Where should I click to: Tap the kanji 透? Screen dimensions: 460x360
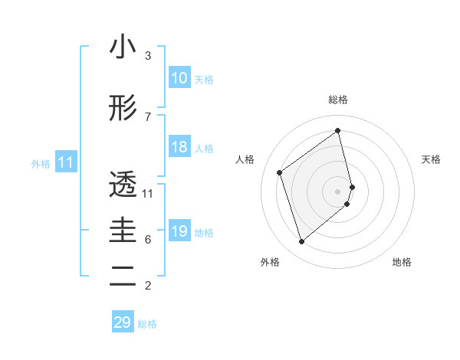[x=123, y=185]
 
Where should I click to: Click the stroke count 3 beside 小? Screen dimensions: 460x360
[x=148, y=56]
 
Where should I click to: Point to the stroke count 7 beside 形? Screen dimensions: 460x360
[x=148, y=116]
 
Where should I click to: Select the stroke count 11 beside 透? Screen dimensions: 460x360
[x=148, y=193]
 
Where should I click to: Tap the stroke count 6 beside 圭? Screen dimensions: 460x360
[x=148, y=240]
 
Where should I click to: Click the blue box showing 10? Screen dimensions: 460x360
[x=179, y=78]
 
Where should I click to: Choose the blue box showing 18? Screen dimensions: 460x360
[x=179, y=147]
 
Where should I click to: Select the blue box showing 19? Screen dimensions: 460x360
[x=179, y=231]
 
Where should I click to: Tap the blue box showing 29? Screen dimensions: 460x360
[x=123, y=322]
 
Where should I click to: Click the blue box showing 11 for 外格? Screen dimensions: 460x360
[x=65, y=162]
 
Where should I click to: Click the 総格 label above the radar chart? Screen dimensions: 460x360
[x=338, y=100]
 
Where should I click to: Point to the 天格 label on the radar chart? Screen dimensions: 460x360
[x=432, y=159]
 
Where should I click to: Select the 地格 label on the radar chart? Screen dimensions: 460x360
[x=402, y=262]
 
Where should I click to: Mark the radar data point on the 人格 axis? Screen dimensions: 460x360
[x=280, y=172]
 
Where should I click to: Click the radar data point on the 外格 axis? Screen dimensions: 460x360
[x=301, y=242]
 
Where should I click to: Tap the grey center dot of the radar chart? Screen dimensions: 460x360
[x=338, y=191]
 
